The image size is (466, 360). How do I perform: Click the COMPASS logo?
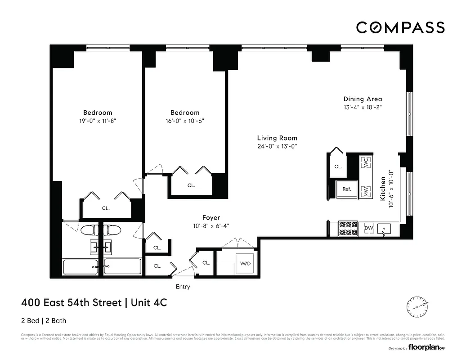coord(400,27)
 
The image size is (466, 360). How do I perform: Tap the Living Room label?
coord(277,138)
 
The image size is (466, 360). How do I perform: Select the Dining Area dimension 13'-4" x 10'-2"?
coord(363,108)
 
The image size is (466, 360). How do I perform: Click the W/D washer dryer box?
coord(245,263)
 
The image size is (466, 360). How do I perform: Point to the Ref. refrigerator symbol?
coord(347,189)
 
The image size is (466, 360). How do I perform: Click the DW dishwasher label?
coord(368,229)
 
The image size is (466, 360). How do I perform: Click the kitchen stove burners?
coord(348,228)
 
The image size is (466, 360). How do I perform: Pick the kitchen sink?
coord(384,229)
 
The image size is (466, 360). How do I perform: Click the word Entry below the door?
coord(183,287)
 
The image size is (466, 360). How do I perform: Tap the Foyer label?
coord(211,218)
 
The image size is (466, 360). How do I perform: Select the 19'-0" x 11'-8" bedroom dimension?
coord(97,121)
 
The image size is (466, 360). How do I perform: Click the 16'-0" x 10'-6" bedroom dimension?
coord(184,121)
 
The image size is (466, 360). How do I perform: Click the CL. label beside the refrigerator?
coord(338,166)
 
